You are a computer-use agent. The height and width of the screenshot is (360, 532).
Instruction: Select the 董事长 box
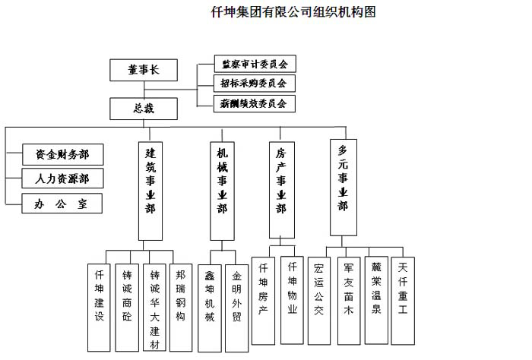coord(143,70)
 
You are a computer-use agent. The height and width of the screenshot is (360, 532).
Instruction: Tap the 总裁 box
coord(143,109)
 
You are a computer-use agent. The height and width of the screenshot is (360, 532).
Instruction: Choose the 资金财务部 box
coord(62,155)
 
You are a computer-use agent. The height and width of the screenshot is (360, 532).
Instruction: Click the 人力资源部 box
coord(62,179)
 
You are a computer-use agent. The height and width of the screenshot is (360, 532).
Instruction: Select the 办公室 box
coord(62,204)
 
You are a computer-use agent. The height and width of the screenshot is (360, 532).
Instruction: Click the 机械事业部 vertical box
coord(221,190)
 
